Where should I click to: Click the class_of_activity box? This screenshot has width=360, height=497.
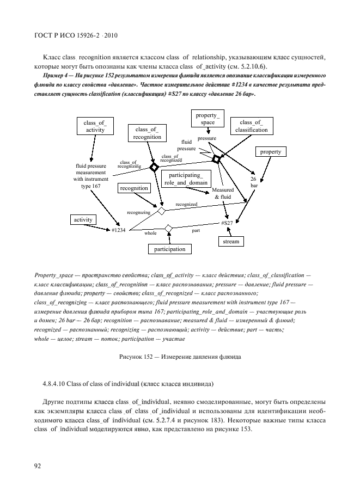(95, 127)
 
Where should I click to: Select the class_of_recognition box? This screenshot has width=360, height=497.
(147, 133)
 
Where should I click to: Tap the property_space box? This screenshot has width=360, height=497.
(208, 119)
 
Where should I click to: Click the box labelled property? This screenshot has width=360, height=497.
(271, 152)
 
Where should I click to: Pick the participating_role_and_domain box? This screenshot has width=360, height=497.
(186, 179)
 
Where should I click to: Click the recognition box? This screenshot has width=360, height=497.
(134, 188)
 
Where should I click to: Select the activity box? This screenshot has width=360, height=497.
(83, 219)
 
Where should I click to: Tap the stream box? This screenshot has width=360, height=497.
(231, 241)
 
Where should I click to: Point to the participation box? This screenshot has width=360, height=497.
(169, 249)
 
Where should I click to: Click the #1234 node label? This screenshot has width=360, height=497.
(119, 231)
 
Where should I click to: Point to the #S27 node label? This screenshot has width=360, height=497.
(227, 224)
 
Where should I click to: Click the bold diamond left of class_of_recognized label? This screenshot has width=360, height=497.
(154, 167)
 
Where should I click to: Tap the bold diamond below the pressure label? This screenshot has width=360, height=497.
(216, 159)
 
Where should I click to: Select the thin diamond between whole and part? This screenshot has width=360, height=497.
(168, 228)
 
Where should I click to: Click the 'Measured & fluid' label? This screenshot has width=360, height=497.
(223, 193)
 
